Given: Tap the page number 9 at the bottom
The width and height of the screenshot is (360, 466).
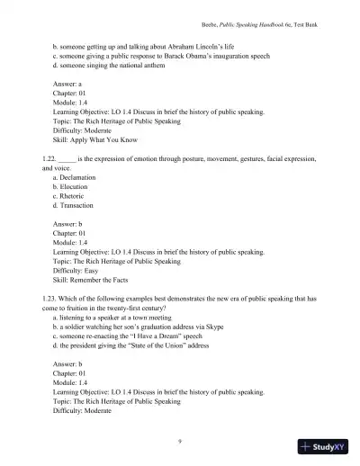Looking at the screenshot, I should tap(180, 441).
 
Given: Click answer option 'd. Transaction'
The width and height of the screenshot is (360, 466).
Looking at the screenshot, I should tap(77, 206).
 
